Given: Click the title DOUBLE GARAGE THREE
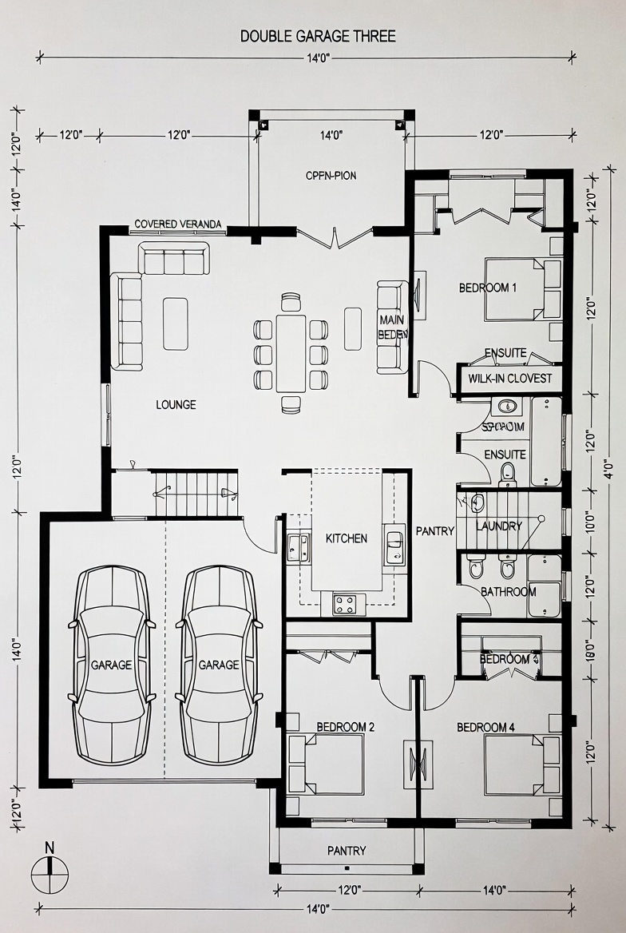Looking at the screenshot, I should click(318, 36).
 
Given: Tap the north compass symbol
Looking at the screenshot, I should click(50, 871).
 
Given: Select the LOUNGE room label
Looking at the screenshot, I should click(176, 405).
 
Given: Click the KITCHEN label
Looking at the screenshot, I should click(347, 538).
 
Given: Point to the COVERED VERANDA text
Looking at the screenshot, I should click(178, 224).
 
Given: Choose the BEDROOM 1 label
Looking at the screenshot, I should click(488, 288).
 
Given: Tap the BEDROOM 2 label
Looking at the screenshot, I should click(346, 727).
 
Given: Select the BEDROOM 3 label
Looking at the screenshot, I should click(509, 659).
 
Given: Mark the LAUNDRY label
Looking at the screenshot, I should click(498, 526).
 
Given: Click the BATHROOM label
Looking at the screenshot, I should click(508, 592).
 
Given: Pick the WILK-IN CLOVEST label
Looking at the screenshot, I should click(510, 379).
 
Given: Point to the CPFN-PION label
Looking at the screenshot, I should click(330, 176).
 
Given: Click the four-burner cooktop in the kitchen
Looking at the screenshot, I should click(345, 604).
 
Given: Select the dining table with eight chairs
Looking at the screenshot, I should click(291, 353).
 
